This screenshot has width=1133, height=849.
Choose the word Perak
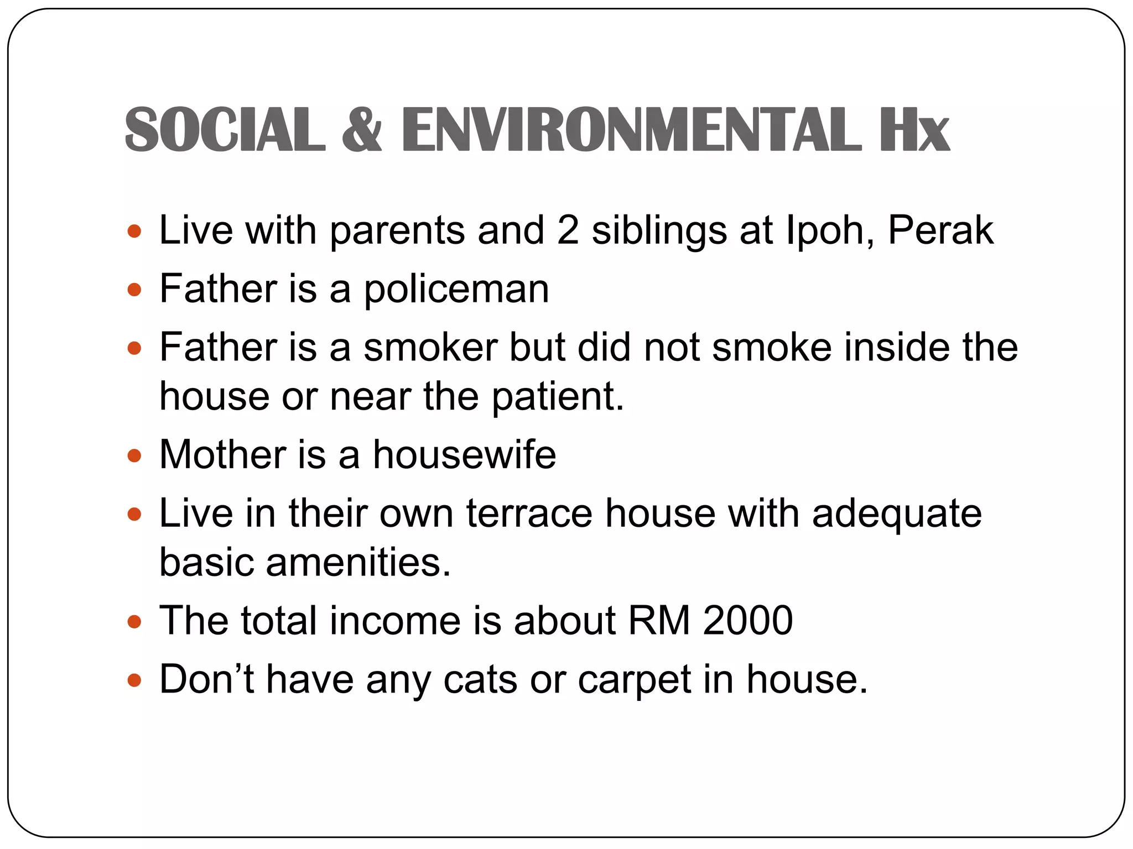pos(940,230)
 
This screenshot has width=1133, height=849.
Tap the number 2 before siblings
pos(568,230)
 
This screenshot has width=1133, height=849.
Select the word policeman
pos(456,289)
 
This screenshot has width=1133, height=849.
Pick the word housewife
pos(464,455)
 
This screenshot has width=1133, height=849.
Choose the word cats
pos(480,680)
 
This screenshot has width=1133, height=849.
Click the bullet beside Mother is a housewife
pos(134,456)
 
